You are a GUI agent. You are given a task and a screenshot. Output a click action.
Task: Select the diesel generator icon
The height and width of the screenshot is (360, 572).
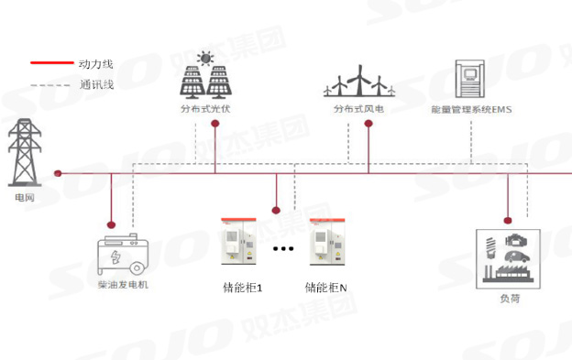click(x=125, y=254)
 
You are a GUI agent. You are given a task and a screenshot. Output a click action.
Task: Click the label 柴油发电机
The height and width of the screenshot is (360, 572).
click(x=123, y=285)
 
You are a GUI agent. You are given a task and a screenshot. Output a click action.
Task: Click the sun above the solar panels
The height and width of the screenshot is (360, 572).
click(x=204, y=60)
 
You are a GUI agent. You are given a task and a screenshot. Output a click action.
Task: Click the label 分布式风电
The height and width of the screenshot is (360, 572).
click(x=357, y=110)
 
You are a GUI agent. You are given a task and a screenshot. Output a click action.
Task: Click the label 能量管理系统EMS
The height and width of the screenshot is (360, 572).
click(x=470, y=110)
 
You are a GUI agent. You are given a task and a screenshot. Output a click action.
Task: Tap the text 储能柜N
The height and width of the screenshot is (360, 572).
click(x=326, y=288)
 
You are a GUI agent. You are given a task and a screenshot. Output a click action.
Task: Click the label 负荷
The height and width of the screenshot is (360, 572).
click(x=509, y=299)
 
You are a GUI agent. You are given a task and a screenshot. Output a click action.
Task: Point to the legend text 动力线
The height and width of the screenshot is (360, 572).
click(x=96, y=64)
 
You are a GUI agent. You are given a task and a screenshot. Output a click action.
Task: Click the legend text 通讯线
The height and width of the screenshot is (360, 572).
click(x=96, y=85)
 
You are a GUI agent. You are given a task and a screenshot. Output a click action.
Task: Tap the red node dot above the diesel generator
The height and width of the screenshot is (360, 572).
click(x=112, y=224)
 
